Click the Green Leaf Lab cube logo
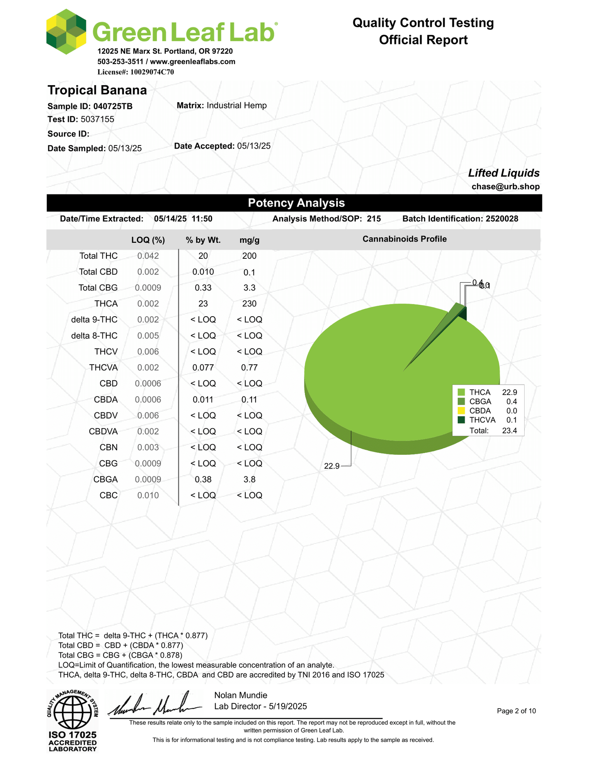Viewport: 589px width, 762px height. click(x=66, y=32)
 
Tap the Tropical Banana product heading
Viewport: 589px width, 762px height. click(x=97, y=90)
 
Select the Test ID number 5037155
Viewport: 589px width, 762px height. click(x=97, y=119)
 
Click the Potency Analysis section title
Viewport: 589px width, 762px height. click(x=296, y=203)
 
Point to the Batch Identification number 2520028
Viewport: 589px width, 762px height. click(x=502, y=219)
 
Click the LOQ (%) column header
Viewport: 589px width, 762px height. click(x=148, y=240)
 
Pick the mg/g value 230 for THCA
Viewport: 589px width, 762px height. click(x=249, y=304)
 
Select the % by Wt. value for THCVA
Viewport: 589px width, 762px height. click(x=203, y=368)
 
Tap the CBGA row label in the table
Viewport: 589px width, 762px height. click(x=106, y=480)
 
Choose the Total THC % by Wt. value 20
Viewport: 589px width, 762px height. click(x=203, y=256)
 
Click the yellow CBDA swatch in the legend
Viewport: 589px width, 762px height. click(x=461, y=411)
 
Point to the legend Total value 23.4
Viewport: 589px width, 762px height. click(x=510, y=431)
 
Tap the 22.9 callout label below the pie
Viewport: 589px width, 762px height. click(x=331, y=466)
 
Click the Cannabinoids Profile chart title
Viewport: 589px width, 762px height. click(x=404, y=239)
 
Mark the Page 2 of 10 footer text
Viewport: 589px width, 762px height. click(x=516, y=711)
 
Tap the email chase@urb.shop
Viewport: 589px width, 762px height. click(x=505, y=187)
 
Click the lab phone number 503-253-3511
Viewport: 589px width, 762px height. click(x=120, y=62)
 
